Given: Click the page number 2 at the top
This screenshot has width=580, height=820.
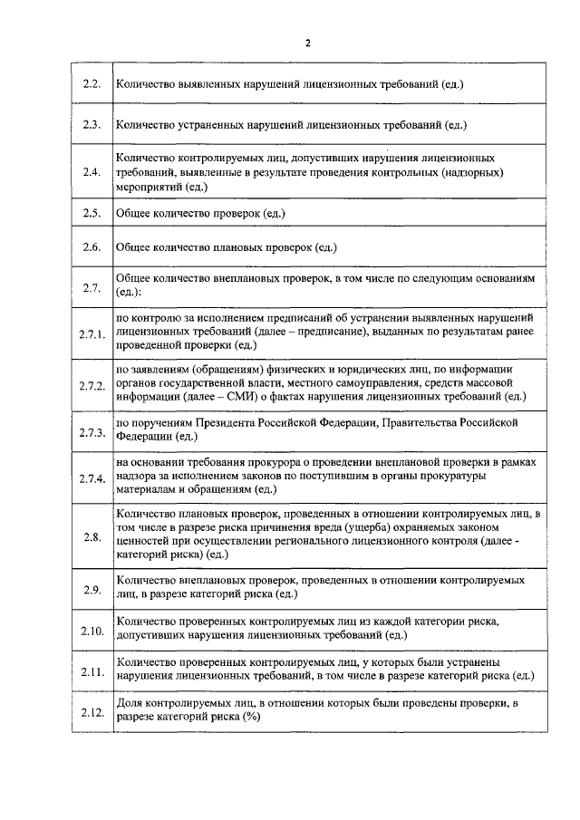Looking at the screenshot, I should click(308, 43).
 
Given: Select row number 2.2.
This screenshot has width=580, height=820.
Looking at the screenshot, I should click(91, 84).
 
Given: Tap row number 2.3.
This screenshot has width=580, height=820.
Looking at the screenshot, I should click(91, 124).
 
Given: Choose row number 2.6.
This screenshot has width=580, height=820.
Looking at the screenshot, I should click(91, 246).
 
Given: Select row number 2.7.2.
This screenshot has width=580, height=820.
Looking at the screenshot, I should click(92, 386).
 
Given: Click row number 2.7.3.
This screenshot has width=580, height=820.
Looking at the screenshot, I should click(92, 431).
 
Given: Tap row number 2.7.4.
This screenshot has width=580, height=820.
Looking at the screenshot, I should click(92, 478).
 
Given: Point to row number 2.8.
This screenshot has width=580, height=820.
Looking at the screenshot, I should click(91, 537).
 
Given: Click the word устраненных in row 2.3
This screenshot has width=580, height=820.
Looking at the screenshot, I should click(208, 124).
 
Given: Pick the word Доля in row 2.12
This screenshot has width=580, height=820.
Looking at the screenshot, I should click(130, 704).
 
